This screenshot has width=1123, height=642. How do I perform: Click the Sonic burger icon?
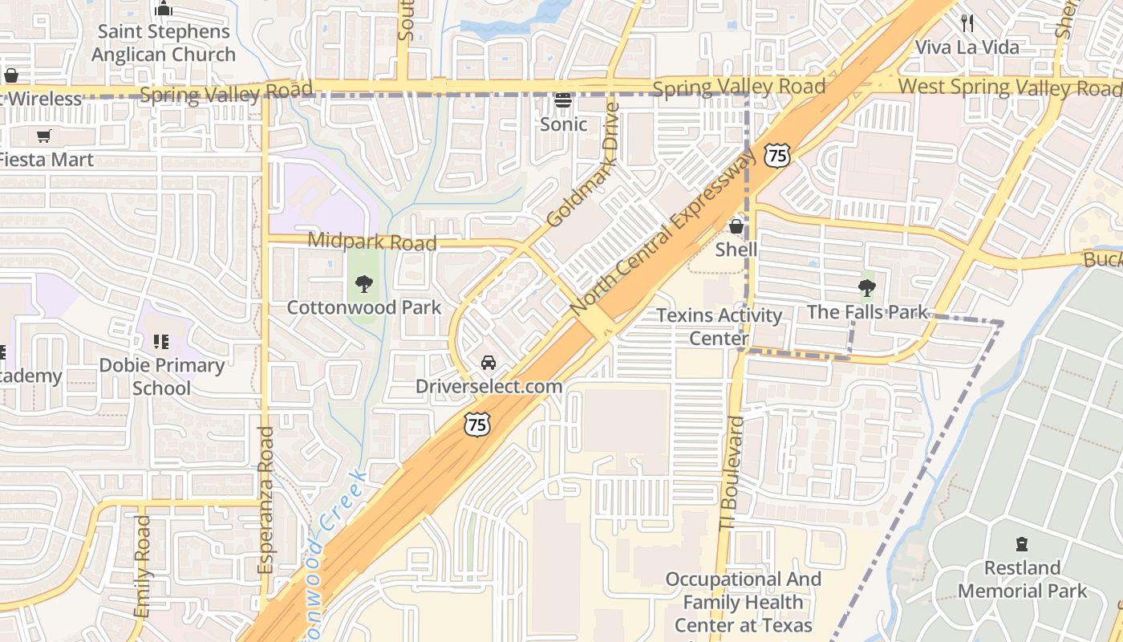click(x=563, y=101)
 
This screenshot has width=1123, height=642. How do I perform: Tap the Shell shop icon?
click(x=736, y=227)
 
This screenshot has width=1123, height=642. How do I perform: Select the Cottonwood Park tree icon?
click(x=364, y=283)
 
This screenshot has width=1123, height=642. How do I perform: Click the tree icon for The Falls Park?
click(x=866, y=288)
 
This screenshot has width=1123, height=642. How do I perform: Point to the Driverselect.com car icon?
click(x=488, y=363)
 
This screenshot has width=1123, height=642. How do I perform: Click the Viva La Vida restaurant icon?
click(x=967, y=23)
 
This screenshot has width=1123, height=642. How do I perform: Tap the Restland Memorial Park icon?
click(x=1021, y=544)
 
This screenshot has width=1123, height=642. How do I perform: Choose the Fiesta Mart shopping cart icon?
click(x=43, y=136)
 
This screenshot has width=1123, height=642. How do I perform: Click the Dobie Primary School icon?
click(x=161, y=343)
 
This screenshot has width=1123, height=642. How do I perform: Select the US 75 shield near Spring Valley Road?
click(x=776, y=155)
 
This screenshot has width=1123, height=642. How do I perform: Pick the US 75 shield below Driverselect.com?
click(x=477, y=425)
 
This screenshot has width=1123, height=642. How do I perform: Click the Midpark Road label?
click(x=373, y=242)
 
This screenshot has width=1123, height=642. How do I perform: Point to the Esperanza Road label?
click(x=266, y=499)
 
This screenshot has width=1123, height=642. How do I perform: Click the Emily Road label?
click(x=143, y=566)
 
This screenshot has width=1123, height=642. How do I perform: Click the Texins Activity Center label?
click(x=719, y=327)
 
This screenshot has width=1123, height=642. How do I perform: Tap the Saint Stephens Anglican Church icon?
click(x=164, y=9)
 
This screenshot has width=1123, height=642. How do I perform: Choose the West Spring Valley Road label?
click(x=1009, y=87)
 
